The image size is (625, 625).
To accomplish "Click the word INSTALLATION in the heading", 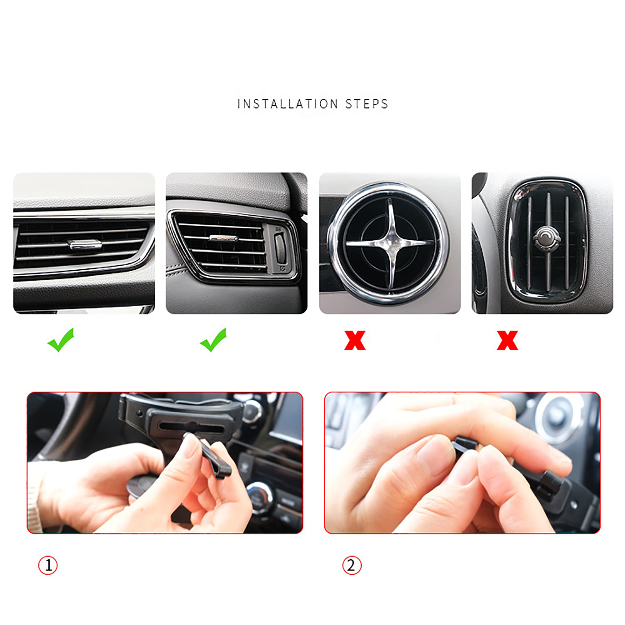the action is [287, 104].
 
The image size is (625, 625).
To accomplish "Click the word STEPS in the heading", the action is [366, 104].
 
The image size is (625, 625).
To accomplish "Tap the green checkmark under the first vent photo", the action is [61, 340].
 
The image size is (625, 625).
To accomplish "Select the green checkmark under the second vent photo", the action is [213, 340].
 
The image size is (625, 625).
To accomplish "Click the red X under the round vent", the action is [355, 340].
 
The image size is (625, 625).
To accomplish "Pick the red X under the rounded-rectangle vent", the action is [507, 340].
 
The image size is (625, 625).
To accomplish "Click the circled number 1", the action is [48, 565].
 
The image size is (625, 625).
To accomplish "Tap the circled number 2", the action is [352, 565].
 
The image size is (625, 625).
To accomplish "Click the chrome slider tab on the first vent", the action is [85, 245].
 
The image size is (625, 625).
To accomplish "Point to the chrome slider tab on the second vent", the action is [223, 238].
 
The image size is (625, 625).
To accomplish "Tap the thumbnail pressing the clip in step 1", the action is [191, 445].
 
